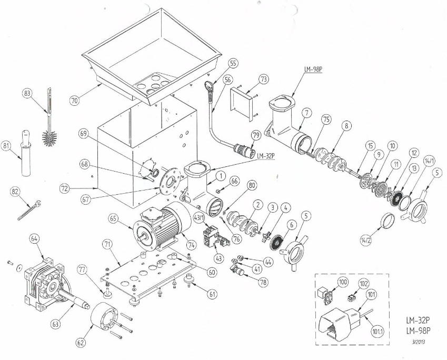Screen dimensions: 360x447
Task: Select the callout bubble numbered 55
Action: [x=233, y=63]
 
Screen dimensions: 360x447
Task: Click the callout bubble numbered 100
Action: [x=343, y=283]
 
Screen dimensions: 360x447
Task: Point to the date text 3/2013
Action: [x=419, y=341]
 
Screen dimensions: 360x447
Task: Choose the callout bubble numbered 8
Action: [x=346, y=126]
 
